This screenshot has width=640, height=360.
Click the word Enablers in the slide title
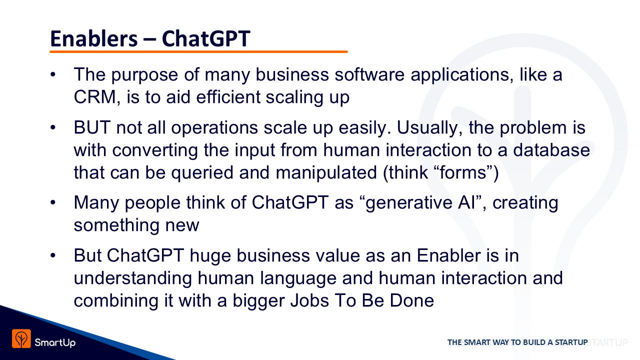tap(93, 38)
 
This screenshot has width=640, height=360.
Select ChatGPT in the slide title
tap(206, 38)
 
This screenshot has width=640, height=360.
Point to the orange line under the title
tap(198, 51)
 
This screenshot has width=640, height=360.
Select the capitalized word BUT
tap(92, 127)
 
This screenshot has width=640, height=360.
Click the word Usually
tap(429, 127)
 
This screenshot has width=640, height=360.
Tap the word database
tap(551, 150)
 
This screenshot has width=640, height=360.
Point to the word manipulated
tap(326, 173)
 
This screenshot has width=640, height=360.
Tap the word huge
tap(210, 255)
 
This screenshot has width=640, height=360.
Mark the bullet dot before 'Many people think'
tap(53, 202)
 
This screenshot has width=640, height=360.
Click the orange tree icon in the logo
tap(21, 339)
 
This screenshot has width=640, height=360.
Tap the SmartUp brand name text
tap(55, 342)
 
